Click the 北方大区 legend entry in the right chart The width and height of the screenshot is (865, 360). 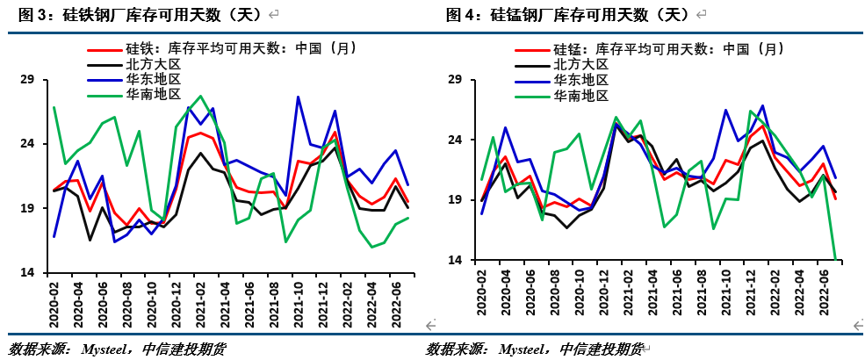tap(580, 64)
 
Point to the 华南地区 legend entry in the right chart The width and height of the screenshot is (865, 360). tap(580, 94)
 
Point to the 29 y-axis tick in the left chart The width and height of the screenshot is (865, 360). tap(26, 80)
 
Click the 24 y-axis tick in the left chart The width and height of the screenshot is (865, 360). tap(26, 144)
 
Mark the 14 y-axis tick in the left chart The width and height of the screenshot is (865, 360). tap(26, 272)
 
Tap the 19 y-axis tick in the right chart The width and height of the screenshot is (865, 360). tap(455, 199)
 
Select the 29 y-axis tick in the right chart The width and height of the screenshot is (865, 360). tap(455, 80)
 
